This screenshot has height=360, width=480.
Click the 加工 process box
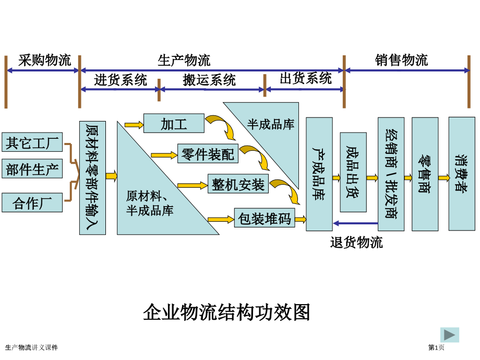[x=174, y=123]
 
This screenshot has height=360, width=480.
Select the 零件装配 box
[x=208, y=153]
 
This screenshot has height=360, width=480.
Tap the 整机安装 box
[x=238, y=184]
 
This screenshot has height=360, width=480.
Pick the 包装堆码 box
[x=265, y=218]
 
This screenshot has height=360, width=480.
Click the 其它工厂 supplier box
[x=32, y=142]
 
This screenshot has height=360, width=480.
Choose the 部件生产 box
[x=32, y=169]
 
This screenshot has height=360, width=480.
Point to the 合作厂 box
[x=32, y=202]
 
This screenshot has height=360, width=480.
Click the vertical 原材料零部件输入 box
[x=92, y=178]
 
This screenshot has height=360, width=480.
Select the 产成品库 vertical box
[x=319, y=174]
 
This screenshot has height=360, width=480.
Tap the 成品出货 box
[x=353, y=172]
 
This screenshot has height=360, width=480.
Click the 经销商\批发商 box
[x=391, y=174]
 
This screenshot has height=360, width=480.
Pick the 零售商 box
[x=425, y=174]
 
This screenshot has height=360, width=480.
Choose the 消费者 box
[x=462, y=174]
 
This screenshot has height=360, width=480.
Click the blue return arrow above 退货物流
[x=355, y=223]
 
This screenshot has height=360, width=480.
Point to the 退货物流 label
[x=356, y=243]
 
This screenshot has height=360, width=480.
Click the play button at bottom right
[x=449, y=334]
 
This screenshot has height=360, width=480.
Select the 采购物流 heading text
[x=45, y=60]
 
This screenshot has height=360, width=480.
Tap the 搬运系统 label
[x=209, y=80]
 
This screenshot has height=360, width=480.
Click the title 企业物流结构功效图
[x=226, y=312]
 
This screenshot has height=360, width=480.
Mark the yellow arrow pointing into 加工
[x=134, y=125]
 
